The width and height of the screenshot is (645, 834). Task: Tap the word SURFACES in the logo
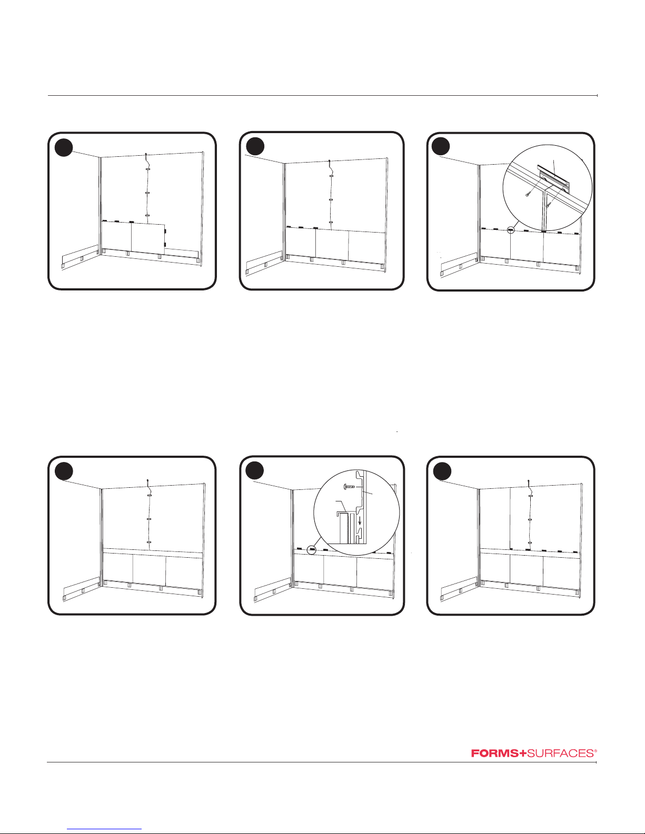[x=560, y=753]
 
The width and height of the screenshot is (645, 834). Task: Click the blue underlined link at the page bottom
[x=104, y=829]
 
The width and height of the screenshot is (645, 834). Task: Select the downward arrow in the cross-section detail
[x=359, y=520]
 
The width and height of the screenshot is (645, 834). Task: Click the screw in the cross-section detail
[x=349, y=487]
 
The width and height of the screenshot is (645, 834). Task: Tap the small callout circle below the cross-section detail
[x=312, y=550]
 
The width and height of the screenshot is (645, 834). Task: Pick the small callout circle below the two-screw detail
[x=510, y=230]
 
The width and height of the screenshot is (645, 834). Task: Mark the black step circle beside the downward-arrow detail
[x=255, y=471]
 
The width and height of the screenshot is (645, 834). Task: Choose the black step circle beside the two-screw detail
[x=442, y=147]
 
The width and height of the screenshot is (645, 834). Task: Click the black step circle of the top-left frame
[x=64, y=147]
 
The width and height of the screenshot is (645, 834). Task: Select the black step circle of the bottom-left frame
[x=64, y=471]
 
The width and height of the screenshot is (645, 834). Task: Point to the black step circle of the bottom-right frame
[x=442, y=471]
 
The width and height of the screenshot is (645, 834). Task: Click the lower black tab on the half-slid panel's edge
[x=165, y=245]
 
